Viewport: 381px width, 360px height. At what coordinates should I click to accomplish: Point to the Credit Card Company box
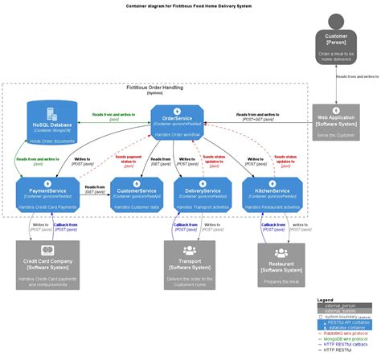point(51,266)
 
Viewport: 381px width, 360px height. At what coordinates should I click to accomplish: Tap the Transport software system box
point(190,264)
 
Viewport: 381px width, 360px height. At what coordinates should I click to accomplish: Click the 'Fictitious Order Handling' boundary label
point(155,88)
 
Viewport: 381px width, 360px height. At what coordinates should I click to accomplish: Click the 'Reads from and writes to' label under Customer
point(356,76)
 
